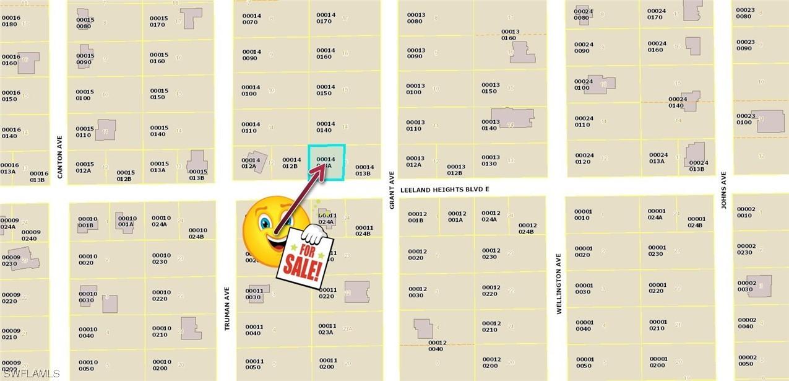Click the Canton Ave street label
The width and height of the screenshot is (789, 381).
click(60, 157)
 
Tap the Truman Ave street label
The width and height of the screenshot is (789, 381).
click(227, 308)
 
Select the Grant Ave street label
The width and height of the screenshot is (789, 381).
click(392, 190)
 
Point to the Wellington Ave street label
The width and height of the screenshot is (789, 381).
click(559, 284)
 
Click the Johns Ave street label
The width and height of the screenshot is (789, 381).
click(723, 190)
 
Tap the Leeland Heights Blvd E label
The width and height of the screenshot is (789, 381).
click(445, 191)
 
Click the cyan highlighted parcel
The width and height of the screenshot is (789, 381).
click(326, 162)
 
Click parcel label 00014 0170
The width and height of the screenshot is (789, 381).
click(326, 18)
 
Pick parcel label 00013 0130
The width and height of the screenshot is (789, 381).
click(490, 160)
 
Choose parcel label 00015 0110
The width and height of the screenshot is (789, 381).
click(84, 132)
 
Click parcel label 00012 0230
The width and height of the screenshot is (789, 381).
click(491, 254)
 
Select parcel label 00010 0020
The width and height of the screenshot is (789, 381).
click(87, 259)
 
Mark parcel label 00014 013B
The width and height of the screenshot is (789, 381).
click(364, 170)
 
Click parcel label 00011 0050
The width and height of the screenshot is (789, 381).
click(254, 364)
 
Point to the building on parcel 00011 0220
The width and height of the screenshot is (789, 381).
click(356, 291)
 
